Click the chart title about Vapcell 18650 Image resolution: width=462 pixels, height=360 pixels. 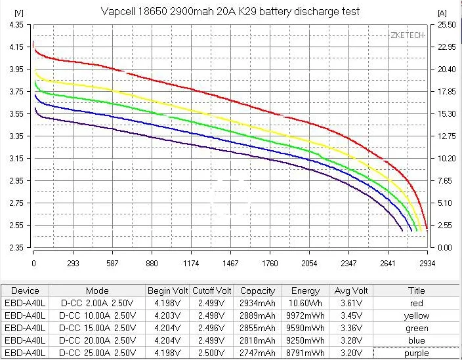[231, 12]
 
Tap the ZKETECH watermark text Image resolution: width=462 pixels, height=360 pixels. [406, 34]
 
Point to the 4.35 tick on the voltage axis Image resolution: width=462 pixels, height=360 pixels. [16, 24]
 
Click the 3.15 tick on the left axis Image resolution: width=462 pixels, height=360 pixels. [16, 158]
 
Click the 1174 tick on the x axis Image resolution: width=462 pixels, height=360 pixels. [191, 263]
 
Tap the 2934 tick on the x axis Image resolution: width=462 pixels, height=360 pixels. [428, 263]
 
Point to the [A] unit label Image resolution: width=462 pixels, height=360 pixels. [442, 12]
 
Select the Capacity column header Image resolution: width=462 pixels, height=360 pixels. [257, 290]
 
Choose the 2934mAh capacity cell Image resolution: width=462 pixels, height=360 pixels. [257, 303]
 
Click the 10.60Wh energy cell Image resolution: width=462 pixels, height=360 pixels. [305, 303]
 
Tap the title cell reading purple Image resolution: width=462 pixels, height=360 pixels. [416, 353]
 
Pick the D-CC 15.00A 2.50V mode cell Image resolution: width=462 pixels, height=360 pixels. [97, 328]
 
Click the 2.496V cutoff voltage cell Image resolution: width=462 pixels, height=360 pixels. [211, 328]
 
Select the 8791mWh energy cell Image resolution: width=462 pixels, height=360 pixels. [305, 353]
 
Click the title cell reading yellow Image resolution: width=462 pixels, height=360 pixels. [416, 315]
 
